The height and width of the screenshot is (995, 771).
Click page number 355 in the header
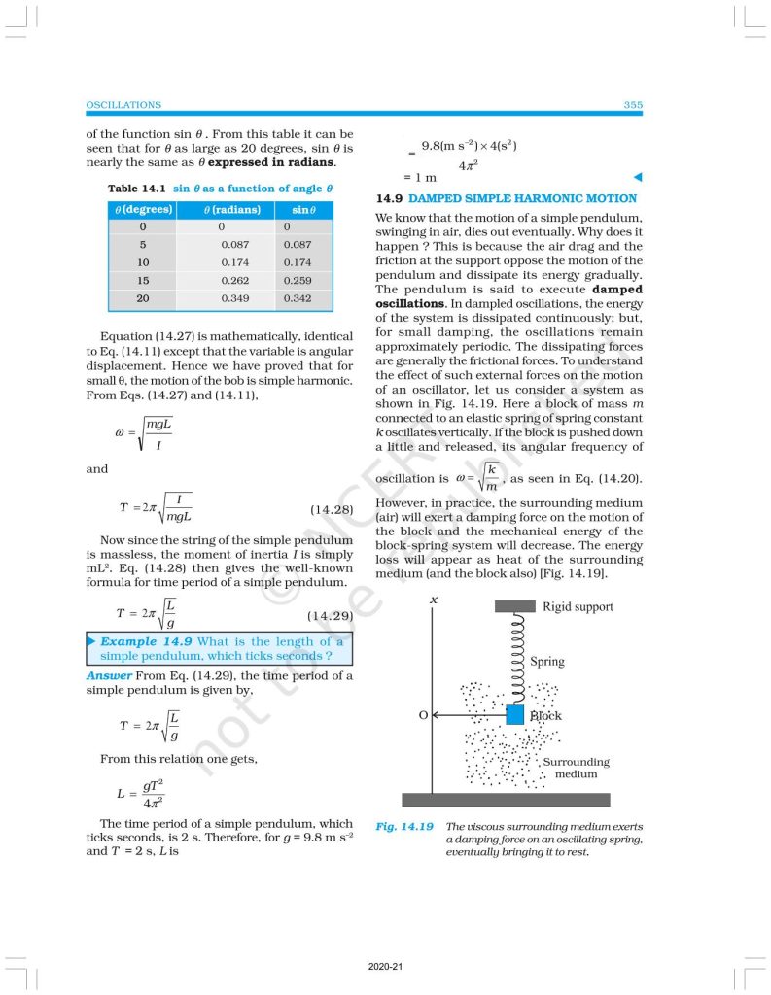633,105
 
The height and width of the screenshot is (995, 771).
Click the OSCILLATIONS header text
123,105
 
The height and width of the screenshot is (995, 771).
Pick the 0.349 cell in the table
231,298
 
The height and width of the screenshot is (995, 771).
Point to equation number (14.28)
331,509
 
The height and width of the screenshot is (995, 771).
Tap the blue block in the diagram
515,714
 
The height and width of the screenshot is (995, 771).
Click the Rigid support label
578,607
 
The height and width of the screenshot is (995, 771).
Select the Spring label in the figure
547,662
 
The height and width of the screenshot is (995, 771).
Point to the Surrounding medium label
576,768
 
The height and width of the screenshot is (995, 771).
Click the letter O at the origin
423,715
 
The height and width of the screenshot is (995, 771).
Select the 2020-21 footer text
385,968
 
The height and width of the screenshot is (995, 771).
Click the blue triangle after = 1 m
638,178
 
